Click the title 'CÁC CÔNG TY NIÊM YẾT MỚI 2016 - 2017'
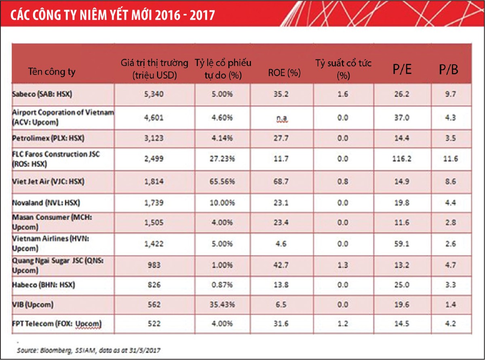112,15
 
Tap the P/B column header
449,70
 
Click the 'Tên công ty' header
52,72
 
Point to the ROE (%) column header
285,73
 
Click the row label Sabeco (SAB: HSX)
44,94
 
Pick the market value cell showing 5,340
154,95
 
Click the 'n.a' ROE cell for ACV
285,118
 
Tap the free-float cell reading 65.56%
223,182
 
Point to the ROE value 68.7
285,182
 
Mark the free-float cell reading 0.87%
223,285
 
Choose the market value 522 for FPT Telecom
154,324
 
